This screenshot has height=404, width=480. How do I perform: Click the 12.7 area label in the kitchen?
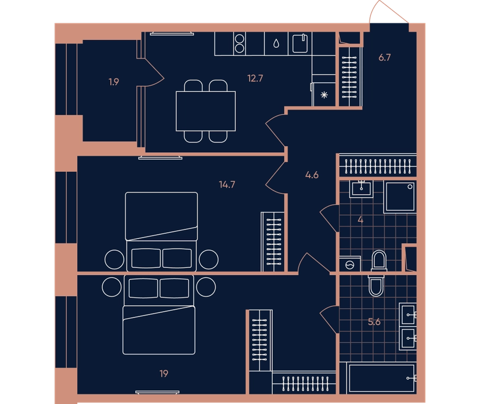click(255, 78)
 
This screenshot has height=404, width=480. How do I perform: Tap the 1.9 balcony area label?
click(114, 82)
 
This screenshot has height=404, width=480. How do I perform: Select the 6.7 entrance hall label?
click(385, 57)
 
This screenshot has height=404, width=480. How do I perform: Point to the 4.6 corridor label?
click(312, 175)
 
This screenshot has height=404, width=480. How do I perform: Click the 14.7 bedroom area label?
click(227, 185)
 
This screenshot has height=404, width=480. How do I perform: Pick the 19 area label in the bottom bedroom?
click(164, 374)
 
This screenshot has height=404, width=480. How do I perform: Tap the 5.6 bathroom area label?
click(374, 322)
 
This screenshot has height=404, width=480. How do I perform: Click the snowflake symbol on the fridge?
click(324, 95)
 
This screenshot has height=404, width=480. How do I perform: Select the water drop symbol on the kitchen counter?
click(276, 43)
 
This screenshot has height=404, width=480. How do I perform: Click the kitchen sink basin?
click(300, 43)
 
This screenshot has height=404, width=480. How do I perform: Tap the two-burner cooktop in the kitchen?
click(239, 43)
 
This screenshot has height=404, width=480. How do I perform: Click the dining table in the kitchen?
click(206, 111)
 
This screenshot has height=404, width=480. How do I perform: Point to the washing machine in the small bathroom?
click(350, 264)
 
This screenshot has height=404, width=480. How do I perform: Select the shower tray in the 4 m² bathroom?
click(400, 197)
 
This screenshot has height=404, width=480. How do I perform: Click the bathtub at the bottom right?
click(382, 378)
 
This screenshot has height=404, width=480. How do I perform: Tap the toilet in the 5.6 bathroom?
click(376, 285)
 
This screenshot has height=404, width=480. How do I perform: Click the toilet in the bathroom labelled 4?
click(379, 261)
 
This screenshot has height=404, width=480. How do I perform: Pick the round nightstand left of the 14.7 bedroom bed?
click(114, 259)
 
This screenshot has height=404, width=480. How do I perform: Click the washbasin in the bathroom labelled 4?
click(361, 189)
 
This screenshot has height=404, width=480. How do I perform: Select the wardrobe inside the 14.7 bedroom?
click(273, 242)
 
